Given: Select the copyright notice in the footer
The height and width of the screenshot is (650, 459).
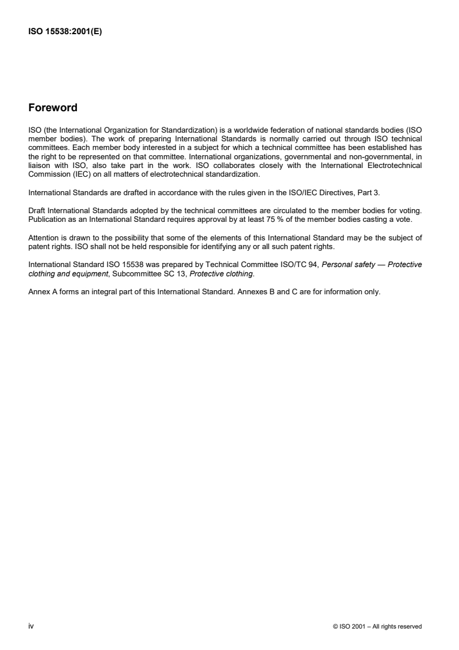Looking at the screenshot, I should pyautogui.click(x=377, y=626).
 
